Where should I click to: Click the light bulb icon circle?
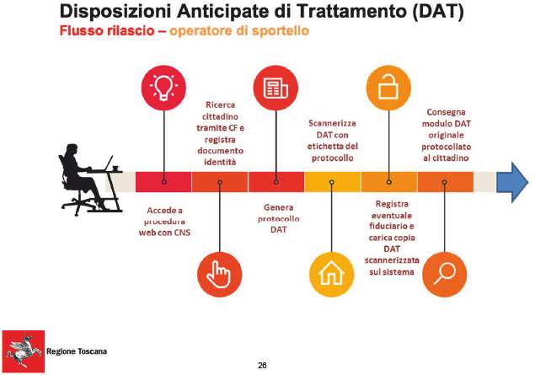(x=163, y=88)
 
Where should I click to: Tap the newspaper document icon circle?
(x=276, y=88)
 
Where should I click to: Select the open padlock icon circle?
(x=388, y=88)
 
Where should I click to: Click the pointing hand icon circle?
(x=220, y=275)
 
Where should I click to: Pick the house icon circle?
(x=332, y=275)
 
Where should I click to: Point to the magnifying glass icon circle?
(x=444, y=275)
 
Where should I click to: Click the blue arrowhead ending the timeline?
(x=512, y=182)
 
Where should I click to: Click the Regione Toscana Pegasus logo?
(x=24, y=351)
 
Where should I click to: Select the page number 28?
(x=262, y=366)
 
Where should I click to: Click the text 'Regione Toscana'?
(x=77, y=351)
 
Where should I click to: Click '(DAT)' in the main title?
(x=438, y=12)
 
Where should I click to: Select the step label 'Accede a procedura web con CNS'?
(x=164, y=222)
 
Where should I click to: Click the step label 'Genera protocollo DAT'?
(x=278, y=218)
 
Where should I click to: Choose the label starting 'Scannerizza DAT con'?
(x=332, y=141)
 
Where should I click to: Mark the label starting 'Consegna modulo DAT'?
(x=446, y=135)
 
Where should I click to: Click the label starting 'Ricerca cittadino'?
(x=220, y=133)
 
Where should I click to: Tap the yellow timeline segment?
(x=332, y=182)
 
